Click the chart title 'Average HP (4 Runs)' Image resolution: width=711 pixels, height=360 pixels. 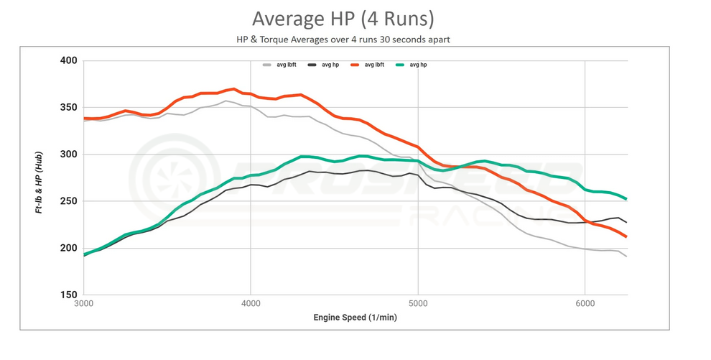tap(343, 18)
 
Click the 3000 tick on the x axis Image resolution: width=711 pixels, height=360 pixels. tap(84, 304)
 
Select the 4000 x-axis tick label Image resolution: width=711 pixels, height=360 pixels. tap(251, 304)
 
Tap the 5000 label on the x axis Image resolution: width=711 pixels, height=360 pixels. tap(418, 304)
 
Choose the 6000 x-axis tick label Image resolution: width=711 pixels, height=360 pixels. tap(585, 304)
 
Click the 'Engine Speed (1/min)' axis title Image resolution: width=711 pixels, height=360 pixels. tap(355, 317)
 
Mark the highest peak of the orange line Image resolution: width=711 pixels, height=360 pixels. tap(233, 89)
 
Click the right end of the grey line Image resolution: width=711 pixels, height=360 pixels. tap(627, 257)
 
